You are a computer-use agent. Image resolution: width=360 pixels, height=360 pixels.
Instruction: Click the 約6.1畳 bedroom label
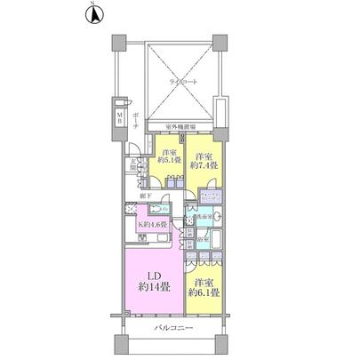204,287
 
